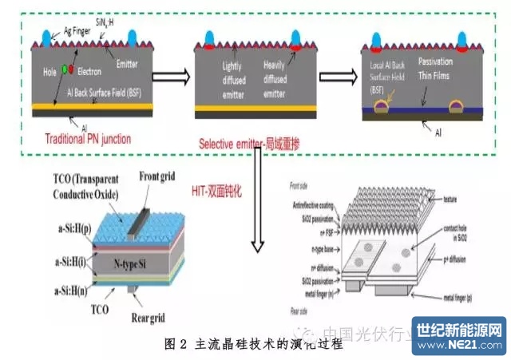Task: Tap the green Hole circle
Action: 64,69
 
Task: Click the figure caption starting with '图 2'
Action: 243,345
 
